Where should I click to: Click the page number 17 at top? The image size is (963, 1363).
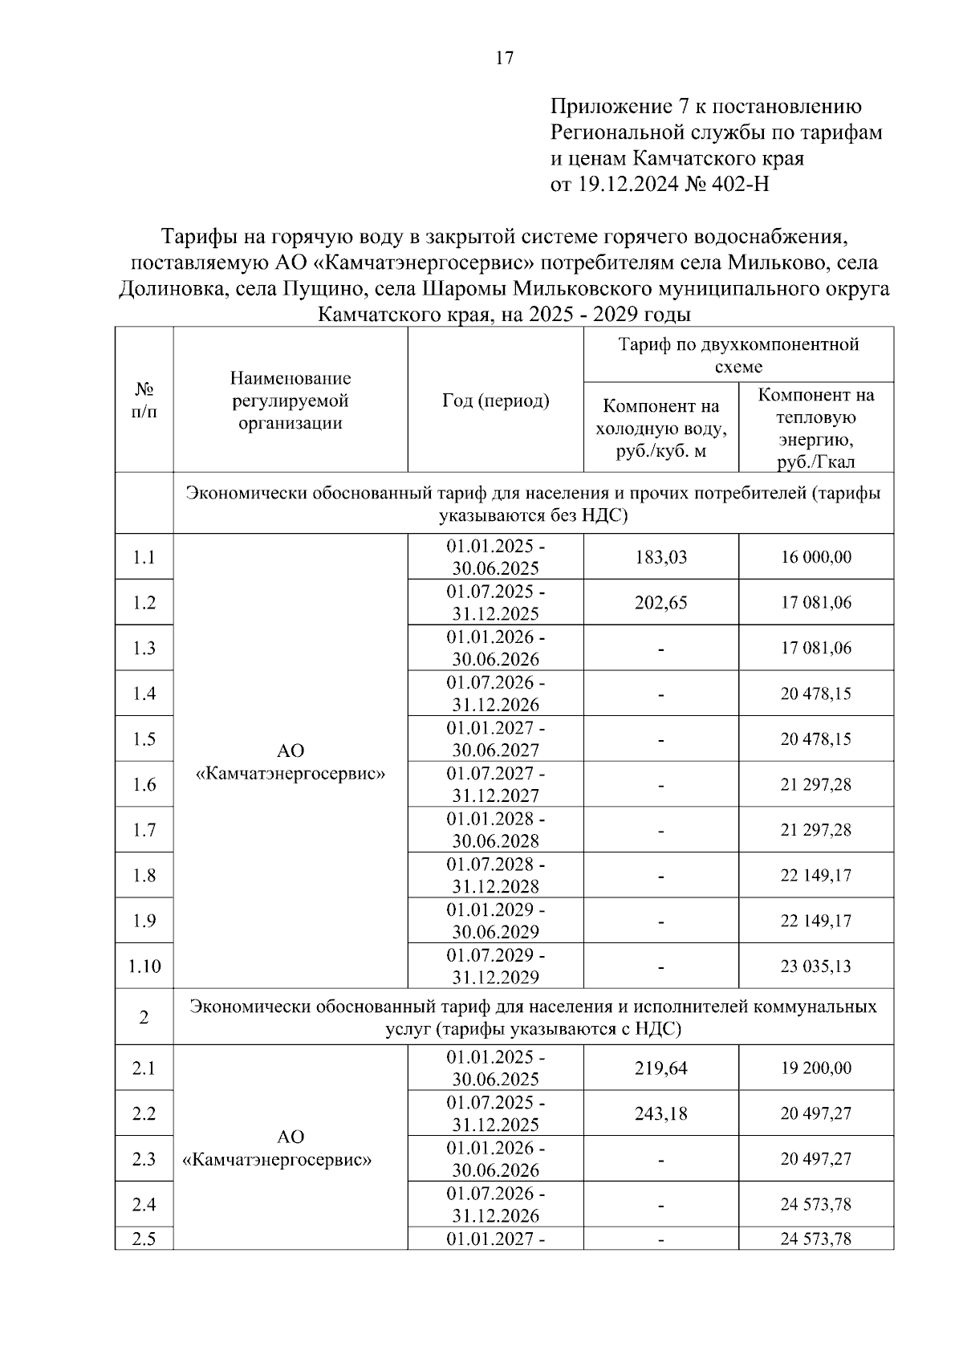[505, 58]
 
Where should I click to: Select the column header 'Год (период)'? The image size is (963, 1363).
[495, 401]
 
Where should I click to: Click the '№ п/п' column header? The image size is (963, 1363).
[144, 401]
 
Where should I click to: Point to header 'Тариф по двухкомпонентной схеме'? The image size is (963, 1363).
[738, 356]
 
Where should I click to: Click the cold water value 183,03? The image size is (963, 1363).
[660, 557]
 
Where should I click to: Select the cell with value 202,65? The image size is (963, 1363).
[660, 603]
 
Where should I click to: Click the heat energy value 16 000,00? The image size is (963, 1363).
[816, 557]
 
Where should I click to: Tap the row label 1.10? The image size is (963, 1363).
[144, 966]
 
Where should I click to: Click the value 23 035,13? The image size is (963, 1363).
[816, 966]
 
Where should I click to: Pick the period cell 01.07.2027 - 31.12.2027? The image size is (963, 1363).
[495, 784]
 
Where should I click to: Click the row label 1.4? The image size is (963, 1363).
[144, 694]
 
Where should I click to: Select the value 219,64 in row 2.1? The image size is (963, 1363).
[660, 1068]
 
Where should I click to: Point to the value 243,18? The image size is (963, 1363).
[660, 1114]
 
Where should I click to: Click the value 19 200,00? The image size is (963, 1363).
[816, 1068]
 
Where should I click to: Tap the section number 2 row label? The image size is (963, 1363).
[144, 1018]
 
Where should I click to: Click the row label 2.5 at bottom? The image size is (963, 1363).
[144, 1239]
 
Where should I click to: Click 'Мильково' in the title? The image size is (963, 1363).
[778, 262]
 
